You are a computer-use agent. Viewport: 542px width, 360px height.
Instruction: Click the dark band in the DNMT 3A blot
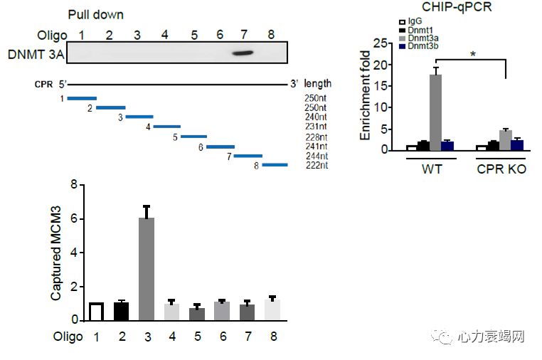[x=244, y=53]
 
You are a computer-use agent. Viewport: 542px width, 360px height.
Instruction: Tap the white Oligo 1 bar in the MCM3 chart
[x=96, y=312]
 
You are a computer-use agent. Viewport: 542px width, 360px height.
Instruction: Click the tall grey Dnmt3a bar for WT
[x=435, y=112]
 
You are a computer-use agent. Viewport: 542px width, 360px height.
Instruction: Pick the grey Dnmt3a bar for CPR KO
[x=505, y=139]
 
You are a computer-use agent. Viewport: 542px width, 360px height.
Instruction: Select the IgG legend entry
[x=408, y=21]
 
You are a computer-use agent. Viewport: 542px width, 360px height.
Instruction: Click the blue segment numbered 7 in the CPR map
[x=248, y=156]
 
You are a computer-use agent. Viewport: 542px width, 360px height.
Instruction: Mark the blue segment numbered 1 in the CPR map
[x=82, y=99]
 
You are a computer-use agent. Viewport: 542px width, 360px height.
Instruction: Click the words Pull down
[x=95, y=14]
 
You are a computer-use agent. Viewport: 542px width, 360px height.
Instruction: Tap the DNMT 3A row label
[x=33, y=53]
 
